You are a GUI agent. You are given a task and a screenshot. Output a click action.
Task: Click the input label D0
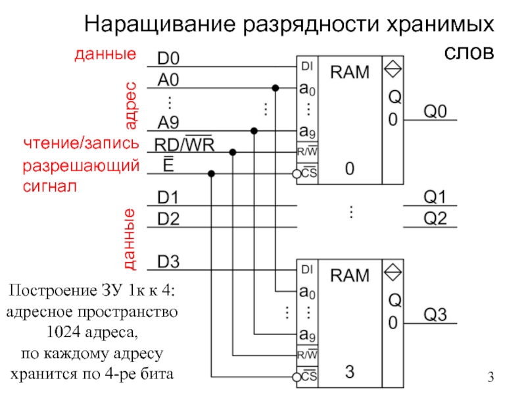pos(168,59)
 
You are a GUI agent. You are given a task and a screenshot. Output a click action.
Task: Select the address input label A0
pos(168,80)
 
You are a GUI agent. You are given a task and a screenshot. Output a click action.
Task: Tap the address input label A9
pos(169,122)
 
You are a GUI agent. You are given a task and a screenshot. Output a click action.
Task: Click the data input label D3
pos(168,263)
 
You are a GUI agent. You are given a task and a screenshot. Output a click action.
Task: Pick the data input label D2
pos(168,219)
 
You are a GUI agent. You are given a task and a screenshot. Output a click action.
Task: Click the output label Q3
pos(435,315)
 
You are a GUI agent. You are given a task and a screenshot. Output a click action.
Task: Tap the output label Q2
pos(435,219)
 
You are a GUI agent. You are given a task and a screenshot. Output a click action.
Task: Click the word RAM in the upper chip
pos(350,72)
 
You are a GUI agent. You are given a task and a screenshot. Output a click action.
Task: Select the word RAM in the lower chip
pos(350,276)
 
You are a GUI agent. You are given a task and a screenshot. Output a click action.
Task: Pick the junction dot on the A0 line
pos(276,88)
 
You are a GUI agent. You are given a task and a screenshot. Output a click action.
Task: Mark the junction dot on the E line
pos(211,174)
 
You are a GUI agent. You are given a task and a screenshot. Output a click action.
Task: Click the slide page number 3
pos(490,377)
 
